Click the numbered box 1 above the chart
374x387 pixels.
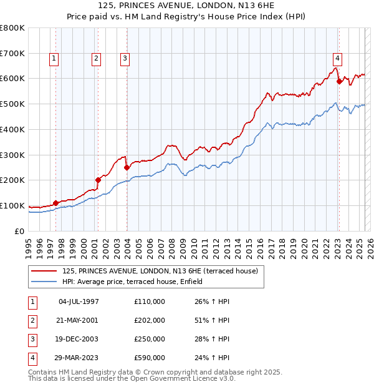[55, 59]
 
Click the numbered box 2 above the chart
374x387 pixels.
[97, 59]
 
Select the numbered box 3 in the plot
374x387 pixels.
[125, 59]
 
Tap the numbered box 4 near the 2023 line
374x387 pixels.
[337, 59]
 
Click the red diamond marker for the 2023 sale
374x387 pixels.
[339, 81]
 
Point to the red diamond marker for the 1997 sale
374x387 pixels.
[55, 203]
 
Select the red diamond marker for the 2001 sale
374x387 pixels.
[98, 180]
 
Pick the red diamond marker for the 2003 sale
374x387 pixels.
[127, 167]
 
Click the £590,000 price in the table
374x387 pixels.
[150, 358]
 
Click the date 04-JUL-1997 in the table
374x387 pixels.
[79, 301]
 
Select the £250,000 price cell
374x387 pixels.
[150, 339]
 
